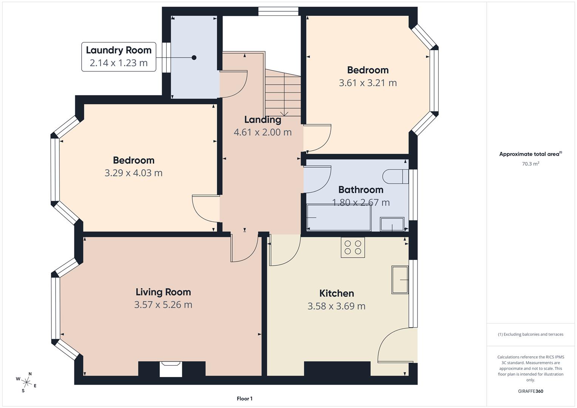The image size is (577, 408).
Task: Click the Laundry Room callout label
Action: [x=119, y=57]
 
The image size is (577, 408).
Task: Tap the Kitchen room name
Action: [x=336, y=293]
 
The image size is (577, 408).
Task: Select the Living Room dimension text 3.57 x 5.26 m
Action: [x=163, y=304]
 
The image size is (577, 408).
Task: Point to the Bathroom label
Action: [x=360, y=190]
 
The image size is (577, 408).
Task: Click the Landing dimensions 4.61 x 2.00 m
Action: [x=263, y=132]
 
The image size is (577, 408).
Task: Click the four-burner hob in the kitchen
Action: [x=353, y=247]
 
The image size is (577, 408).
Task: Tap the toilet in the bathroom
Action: [x=395, y=176]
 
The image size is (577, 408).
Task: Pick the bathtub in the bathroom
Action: [x=339, y=218]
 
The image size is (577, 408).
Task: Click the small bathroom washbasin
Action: [x=392, y=224]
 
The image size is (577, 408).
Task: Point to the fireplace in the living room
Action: [x=171, y=369]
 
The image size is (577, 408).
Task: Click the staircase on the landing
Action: [x=283, y=94]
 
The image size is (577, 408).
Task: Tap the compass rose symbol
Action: [x=26, y=382]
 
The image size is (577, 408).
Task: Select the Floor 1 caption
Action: [x=244, y=399]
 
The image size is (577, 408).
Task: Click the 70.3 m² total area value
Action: [x=531, y=164]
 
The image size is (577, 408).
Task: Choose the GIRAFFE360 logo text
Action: [x=531, y=391]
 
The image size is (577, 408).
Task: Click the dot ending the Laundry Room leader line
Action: [x=194, y=58]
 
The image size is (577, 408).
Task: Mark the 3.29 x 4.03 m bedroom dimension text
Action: [x=133, y=173]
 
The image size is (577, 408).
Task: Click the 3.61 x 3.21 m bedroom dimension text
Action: [x=368, y=83]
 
